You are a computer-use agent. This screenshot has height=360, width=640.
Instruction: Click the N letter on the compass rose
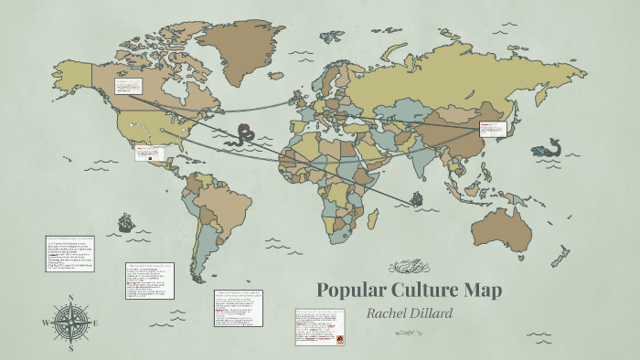click(x=71, y=298)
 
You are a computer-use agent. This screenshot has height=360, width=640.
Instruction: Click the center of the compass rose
click(x=71, y=322)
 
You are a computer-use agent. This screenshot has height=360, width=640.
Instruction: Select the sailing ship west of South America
click(x=125, y=221)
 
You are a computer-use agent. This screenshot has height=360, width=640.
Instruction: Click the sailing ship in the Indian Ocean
click(x=417, y=196)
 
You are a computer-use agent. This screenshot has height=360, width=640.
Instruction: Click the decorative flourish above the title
click(x=409, y=267)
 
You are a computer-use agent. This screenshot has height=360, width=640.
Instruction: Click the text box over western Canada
click(x=126, y=87)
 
